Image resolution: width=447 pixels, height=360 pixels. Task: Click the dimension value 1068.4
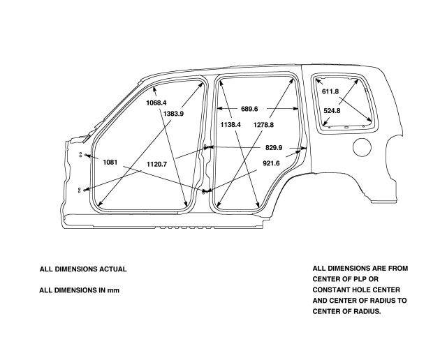click(156, 103)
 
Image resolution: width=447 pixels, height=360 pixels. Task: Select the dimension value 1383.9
click(173, 114)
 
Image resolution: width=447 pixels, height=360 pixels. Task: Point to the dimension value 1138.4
click(230, 124)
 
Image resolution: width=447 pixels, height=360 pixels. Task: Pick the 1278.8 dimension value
click(264, 124)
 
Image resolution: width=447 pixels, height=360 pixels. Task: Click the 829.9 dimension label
click(274, 148)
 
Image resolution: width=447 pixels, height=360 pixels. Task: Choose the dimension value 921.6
click(271, 163)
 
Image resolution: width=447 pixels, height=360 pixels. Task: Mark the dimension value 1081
click(110, 162)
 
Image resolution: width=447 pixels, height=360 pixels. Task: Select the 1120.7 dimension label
click(156, 164)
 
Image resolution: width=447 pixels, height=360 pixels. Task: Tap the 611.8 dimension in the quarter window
click(330, 91)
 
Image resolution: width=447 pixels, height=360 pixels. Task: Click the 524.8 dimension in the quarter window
click(332, 110)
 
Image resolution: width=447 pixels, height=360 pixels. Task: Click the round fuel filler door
click(362, 147)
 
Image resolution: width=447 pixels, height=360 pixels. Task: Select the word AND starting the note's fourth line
click(321, 301)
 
